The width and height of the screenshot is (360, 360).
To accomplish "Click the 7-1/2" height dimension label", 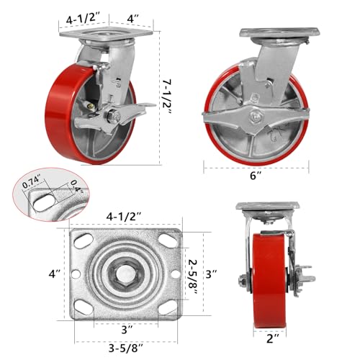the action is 167,96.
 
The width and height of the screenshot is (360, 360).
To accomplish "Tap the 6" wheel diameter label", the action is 256,176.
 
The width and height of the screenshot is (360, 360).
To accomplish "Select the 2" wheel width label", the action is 273,338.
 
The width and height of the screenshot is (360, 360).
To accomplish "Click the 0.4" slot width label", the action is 76,187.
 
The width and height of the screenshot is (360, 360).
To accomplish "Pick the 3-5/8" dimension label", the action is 126,348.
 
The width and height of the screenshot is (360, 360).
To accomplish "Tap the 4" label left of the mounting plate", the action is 55,274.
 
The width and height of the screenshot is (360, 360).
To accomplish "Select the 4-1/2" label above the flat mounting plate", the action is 123,217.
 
